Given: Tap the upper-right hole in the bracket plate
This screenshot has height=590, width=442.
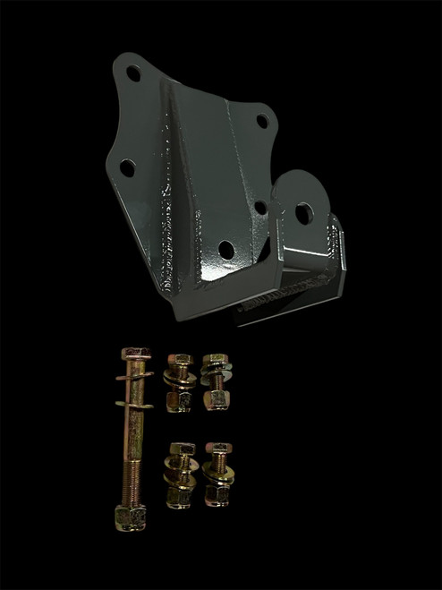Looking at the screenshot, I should [261, 120].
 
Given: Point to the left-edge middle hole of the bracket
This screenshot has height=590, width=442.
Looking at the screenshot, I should [128, 167].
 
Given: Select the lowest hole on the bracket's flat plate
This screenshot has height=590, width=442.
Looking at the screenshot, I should [226, 249].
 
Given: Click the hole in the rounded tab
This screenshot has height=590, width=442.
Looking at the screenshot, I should [303, 213].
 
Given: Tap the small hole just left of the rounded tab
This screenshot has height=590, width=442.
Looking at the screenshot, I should [260, 208].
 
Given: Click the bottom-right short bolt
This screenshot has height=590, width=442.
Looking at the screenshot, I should [217, 475].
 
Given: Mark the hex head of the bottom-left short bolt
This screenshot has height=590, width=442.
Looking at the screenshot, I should [180, 449].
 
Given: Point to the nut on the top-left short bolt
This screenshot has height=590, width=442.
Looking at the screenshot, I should [179, 398].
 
